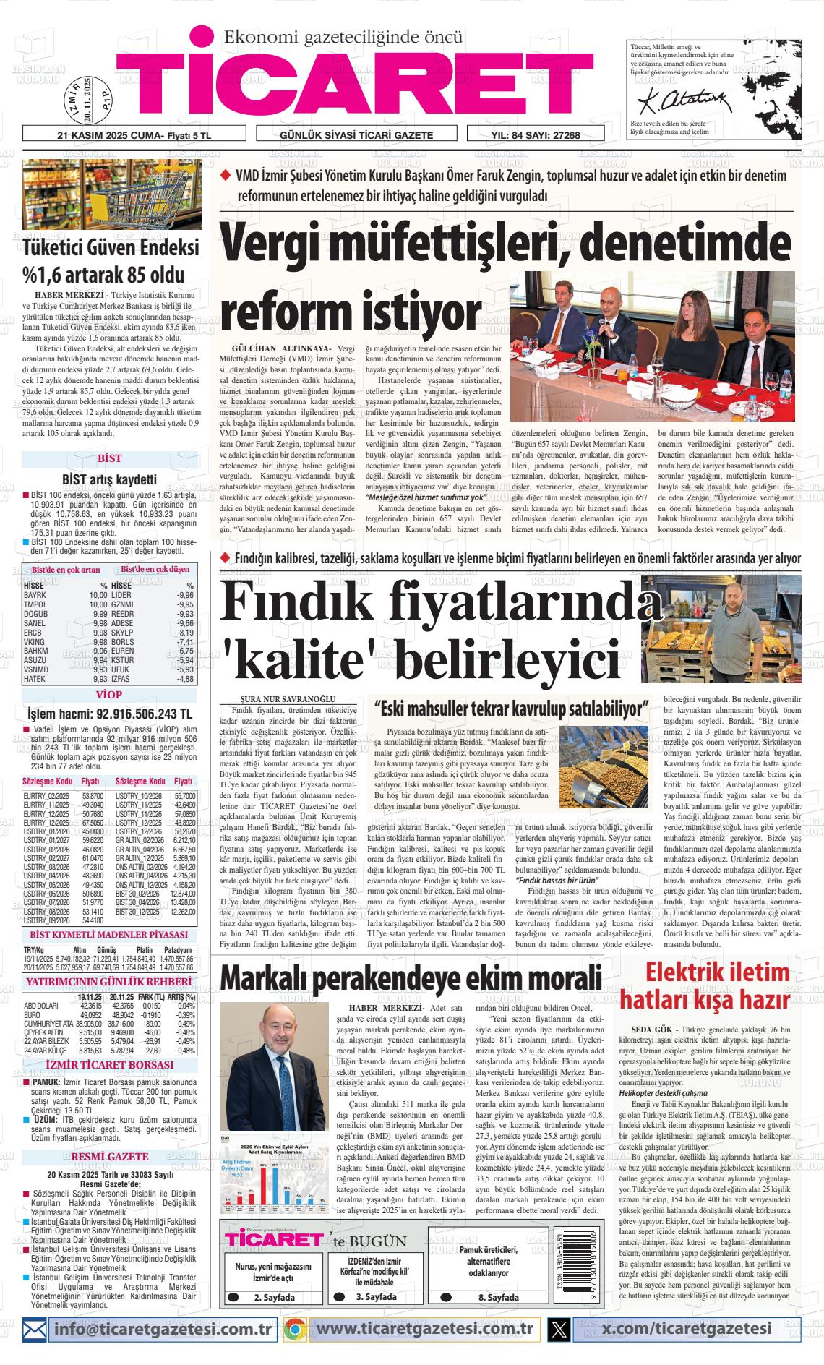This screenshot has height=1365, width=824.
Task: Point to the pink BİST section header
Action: coord(109,458)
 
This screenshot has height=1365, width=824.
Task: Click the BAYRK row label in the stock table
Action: coord(35,595)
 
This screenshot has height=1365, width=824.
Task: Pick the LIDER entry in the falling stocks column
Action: coord(121,595)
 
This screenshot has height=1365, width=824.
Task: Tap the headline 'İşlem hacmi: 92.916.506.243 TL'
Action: coord(109,714)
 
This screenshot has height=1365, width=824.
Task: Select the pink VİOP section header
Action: coord(109,696)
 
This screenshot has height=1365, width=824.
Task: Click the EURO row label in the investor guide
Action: coord(35,1014)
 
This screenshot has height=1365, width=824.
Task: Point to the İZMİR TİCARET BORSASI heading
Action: coord(109,1065)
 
